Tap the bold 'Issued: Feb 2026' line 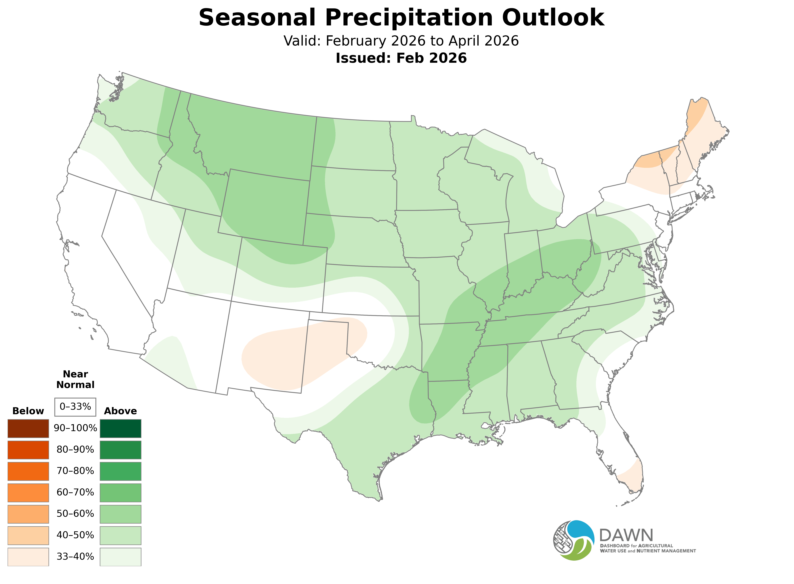[401, 58]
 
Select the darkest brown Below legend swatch [28, 429]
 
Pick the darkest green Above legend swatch [121, 429]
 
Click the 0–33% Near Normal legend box [75, 407]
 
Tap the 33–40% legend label [75, 556]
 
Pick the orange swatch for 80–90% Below [28, 450]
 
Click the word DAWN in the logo [626, 536]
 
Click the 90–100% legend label [75, 428]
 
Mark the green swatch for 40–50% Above [121, 535]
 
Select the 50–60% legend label [75, 514]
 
